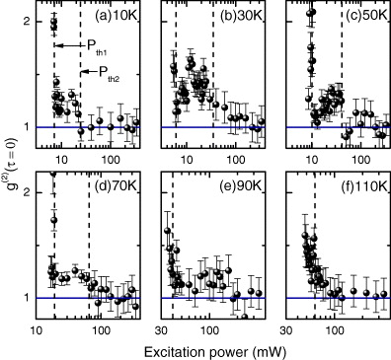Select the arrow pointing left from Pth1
pos(68,45)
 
